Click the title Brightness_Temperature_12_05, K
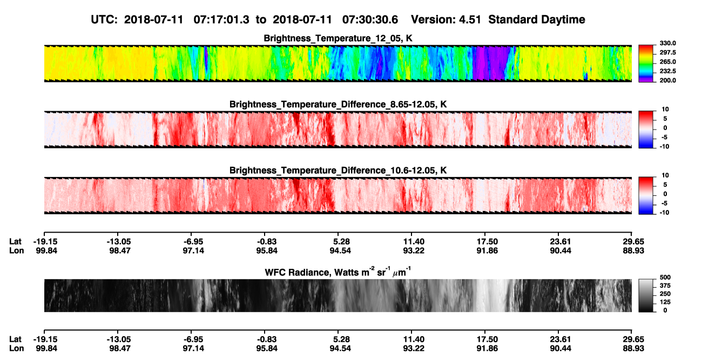point(338,38)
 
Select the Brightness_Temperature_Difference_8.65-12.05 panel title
point(338,104)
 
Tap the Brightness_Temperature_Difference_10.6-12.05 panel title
point(338,171)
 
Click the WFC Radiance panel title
point(338,272)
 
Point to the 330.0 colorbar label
point(667,43)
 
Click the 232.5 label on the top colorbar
point(667,71)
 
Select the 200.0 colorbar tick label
point(667,80)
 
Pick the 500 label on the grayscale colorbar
point(665,277)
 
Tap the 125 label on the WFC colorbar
point(665,302)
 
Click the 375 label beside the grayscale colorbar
point(665,286)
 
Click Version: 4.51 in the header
point(446,20)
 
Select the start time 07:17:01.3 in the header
point(221,20)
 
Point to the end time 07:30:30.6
point(370,20)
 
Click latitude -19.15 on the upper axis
point(46,242)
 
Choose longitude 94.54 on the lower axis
point(340,349)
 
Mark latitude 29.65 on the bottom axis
point(633,339)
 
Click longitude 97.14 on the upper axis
point(193,250)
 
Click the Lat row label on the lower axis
point(15,339)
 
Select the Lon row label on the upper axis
point(16,250)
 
